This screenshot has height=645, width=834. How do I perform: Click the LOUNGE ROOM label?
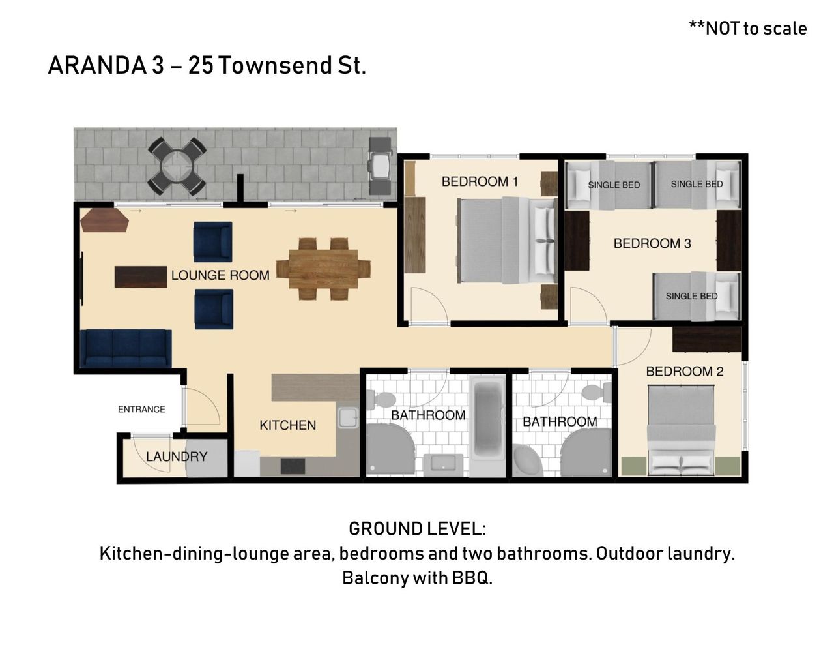coord(220,275)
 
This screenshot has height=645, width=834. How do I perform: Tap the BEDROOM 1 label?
coord(480,181)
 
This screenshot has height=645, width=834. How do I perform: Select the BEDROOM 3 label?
coord(652,243)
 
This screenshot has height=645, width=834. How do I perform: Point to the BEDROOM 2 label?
coord(685,371)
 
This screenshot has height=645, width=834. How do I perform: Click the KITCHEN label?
coord(288,425)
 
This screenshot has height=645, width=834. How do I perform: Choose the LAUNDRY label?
coord(177,457)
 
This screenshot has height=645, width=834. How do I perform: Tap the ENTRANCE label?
coord(141,409)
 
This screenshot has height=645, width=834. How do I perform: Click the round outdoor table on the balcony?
coord(177,166)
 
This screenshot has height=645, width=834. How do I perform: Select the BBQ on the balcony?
coord(380,166)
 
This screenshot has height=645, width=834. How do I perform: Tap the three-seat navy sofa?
coord(126,348)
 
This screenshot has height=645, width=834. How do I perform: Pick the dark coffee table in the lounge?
coord(141,277)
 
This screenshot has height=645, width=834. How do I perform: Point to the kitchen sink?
coord(348,417)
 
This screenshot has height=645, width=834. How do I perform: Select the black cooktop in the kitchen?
coord(293,466)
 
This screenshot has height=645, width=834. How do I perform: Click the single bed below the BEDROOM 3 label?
coord(697,296)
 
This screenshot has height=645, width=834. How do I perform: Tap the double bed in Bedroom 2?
coord(682,430)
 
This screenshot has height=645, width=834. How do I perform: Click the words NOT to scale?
coord(756,29)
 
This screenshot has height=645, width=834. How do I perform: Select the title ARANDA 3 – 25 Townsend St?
coord(207,65)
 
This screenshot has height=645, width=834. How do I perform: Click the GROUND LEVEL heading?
coord(417,529)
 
